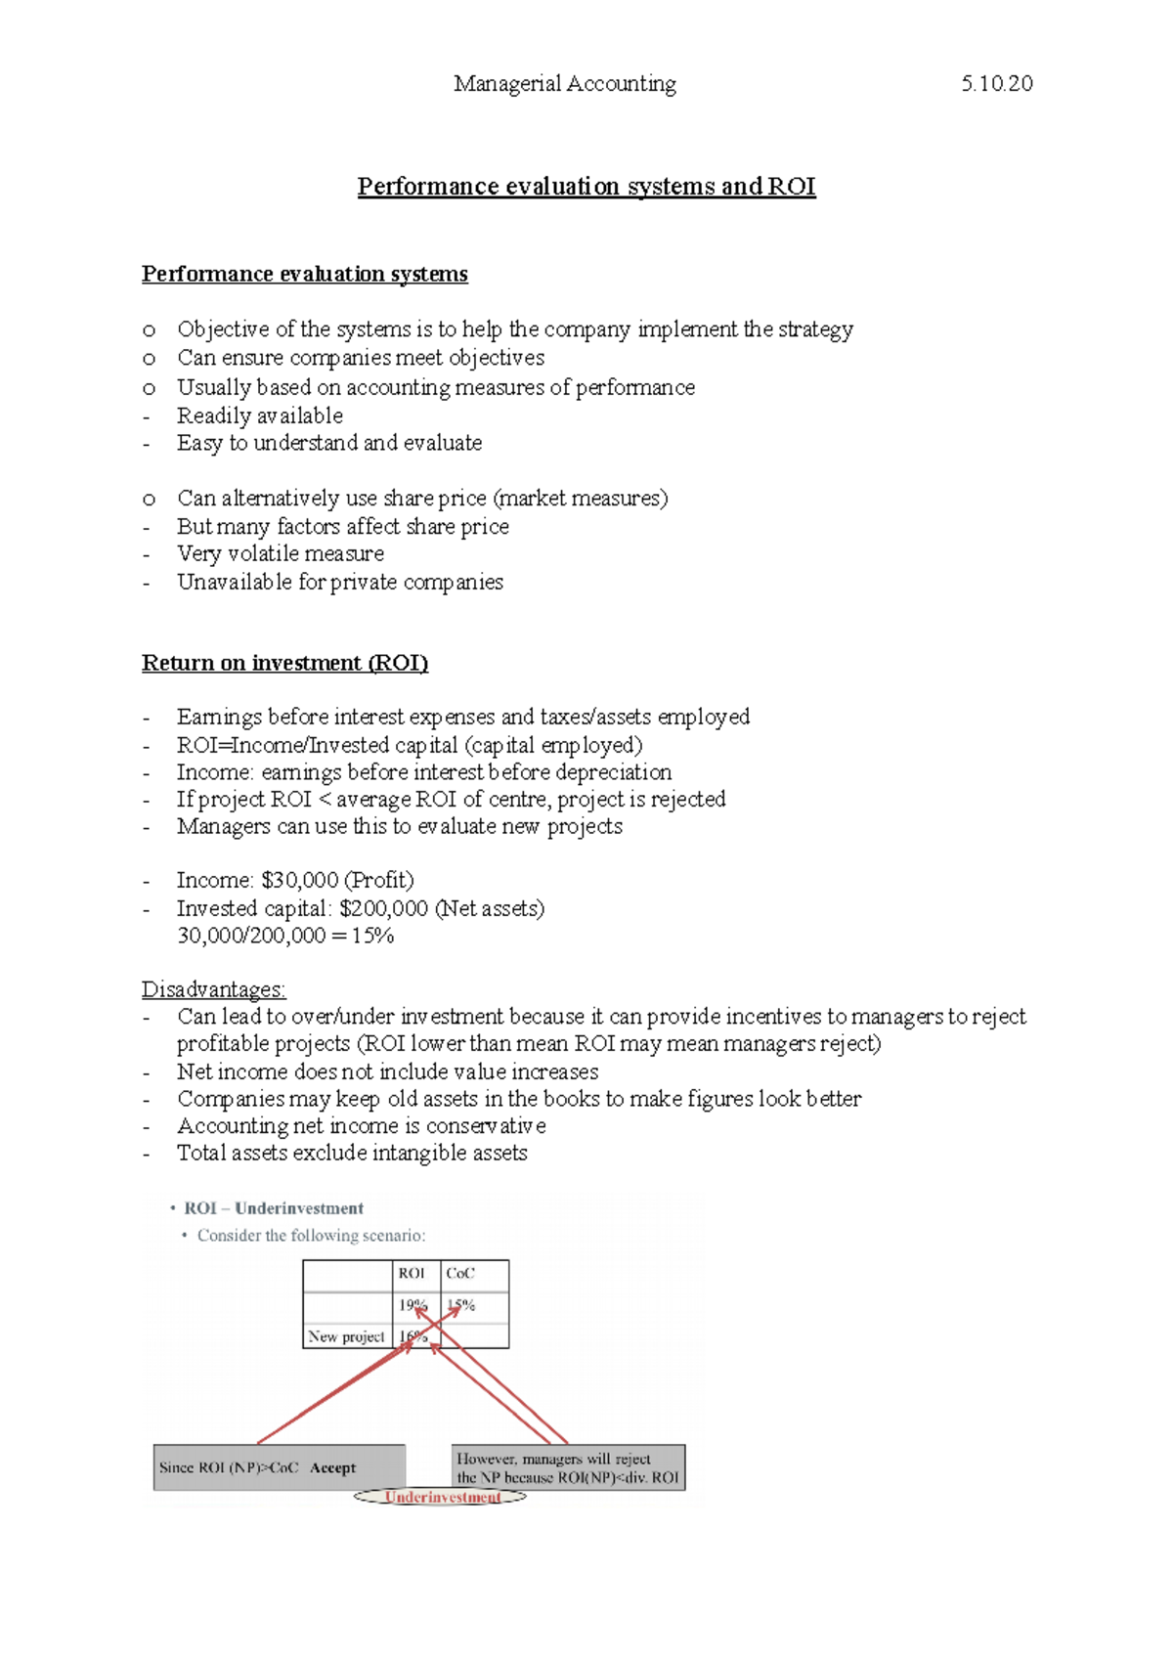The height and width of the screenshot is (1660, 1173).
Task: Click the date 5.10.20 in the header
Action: [x=996, y=84]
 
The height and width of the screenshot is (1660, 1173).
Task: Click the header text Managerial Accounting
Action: [x=564, y=84]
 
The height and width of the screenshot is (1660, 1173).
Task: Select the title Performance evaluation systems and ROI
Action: [x=586, y=186]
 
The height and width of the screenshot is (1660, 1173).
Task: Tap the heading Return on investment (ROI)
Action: [x=284, y=663]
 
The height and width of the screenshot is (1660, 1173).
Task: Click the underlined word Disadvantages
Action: [x=213, y=989]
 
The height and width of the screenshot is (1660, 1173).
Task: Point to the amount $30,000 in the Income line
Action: [x=299, y=880]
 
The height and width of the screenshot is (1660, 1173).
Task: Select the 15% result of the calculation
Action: [x=373, y=936]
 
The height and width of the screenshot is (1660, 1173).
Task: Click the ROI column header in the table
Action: [x=412, y=1273]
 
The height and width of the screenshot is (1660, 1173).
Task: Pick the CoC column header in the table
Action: [x=459, y=1273]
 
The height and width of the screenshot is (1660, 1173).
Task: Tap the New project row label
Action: [x=346, y=1336]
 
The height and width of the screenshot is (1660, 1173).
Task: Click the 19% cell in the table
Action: [x=413, y=1305]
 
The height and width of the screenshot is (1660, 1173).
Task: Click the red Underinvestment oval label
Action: [x=442, y=1497]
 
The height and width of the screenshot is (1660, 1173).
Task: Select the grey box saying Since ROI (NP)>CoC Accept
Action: [x=279, y=1467]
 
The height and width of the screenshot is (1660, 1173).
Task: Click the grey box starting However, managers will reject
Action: [x=567, y=1467]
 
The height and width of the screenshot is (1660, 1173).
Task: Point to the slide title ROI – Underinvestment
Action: [x=274, y=1208]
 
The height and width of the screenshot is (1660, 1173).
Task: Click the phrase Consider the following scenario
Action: [x=311, y=1236]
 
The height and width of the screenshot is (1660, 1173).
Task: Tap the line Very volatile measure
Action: [x=280, y=553]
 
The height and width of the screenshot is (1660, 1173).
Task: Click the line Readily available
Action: [x=259, y=415]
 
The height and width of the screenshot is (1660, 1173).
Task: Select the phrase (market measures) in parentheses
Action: [x=581, y=499]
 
